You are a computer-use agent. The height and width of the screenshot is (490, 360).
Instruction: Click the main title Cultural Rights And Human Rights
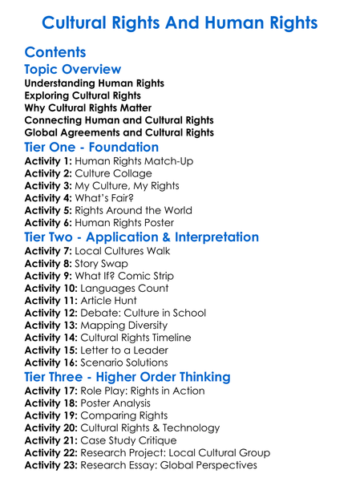point(180,22)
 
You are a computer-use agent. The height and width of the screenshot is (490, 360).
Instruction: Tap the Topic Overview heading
point(73,70)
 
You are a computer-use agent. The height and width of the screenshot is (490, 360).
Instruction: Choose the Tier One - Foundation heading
point(91,148)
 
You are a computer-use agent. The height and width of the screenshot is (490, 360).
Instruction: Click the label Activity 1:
point(48,161)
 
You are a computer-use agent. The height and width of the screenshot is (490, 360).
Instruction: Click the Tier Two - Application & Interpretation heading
point(142,237)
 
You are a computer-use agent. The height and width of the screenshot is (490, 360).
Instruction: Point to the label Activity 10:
point(51,288)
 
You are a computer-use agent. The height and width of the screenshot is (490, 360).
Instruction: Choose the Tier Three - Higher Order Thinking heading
point(127,377)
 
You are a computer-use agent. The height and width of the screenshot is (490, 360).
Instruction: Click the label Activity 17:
point(51,391)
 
